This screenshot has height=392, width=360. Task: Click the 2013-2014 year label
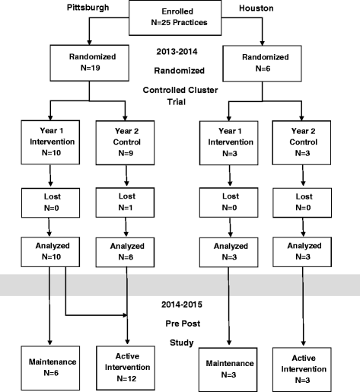[180, 53]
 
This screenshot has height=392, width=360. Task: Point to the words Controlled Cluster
[180, 89]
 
